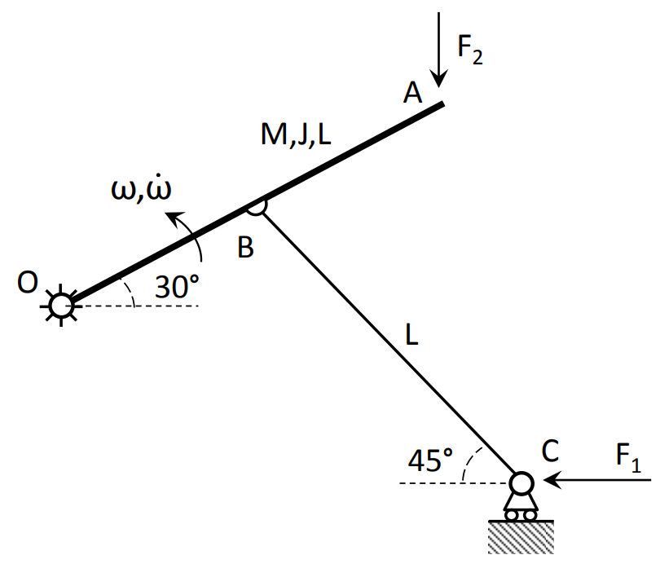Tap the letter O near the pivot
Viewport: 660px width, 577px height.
click(x=28, y=283)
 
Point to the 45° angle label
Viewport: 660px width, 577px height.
click(x=429, y=461)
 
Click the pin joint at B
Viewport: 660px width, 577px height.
click(x=256, y=207)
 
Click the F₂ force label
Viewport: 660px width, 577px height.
click(x=470, y=48)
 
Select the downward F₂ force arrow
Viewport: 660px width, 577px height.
click(x=439, y=49)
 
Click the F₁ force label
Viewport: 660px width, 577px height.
click(x=628, y=459)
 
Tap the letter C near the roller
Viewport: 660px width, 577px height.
click(x=551, y=449)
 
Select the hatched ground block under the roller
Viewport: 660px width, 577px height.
click(x=521, y=537)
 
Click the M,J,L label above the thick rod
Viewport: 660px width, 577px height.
click(x=296, y=135)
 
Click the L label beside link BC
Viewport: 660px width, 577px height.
click(x=413, y=334)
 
